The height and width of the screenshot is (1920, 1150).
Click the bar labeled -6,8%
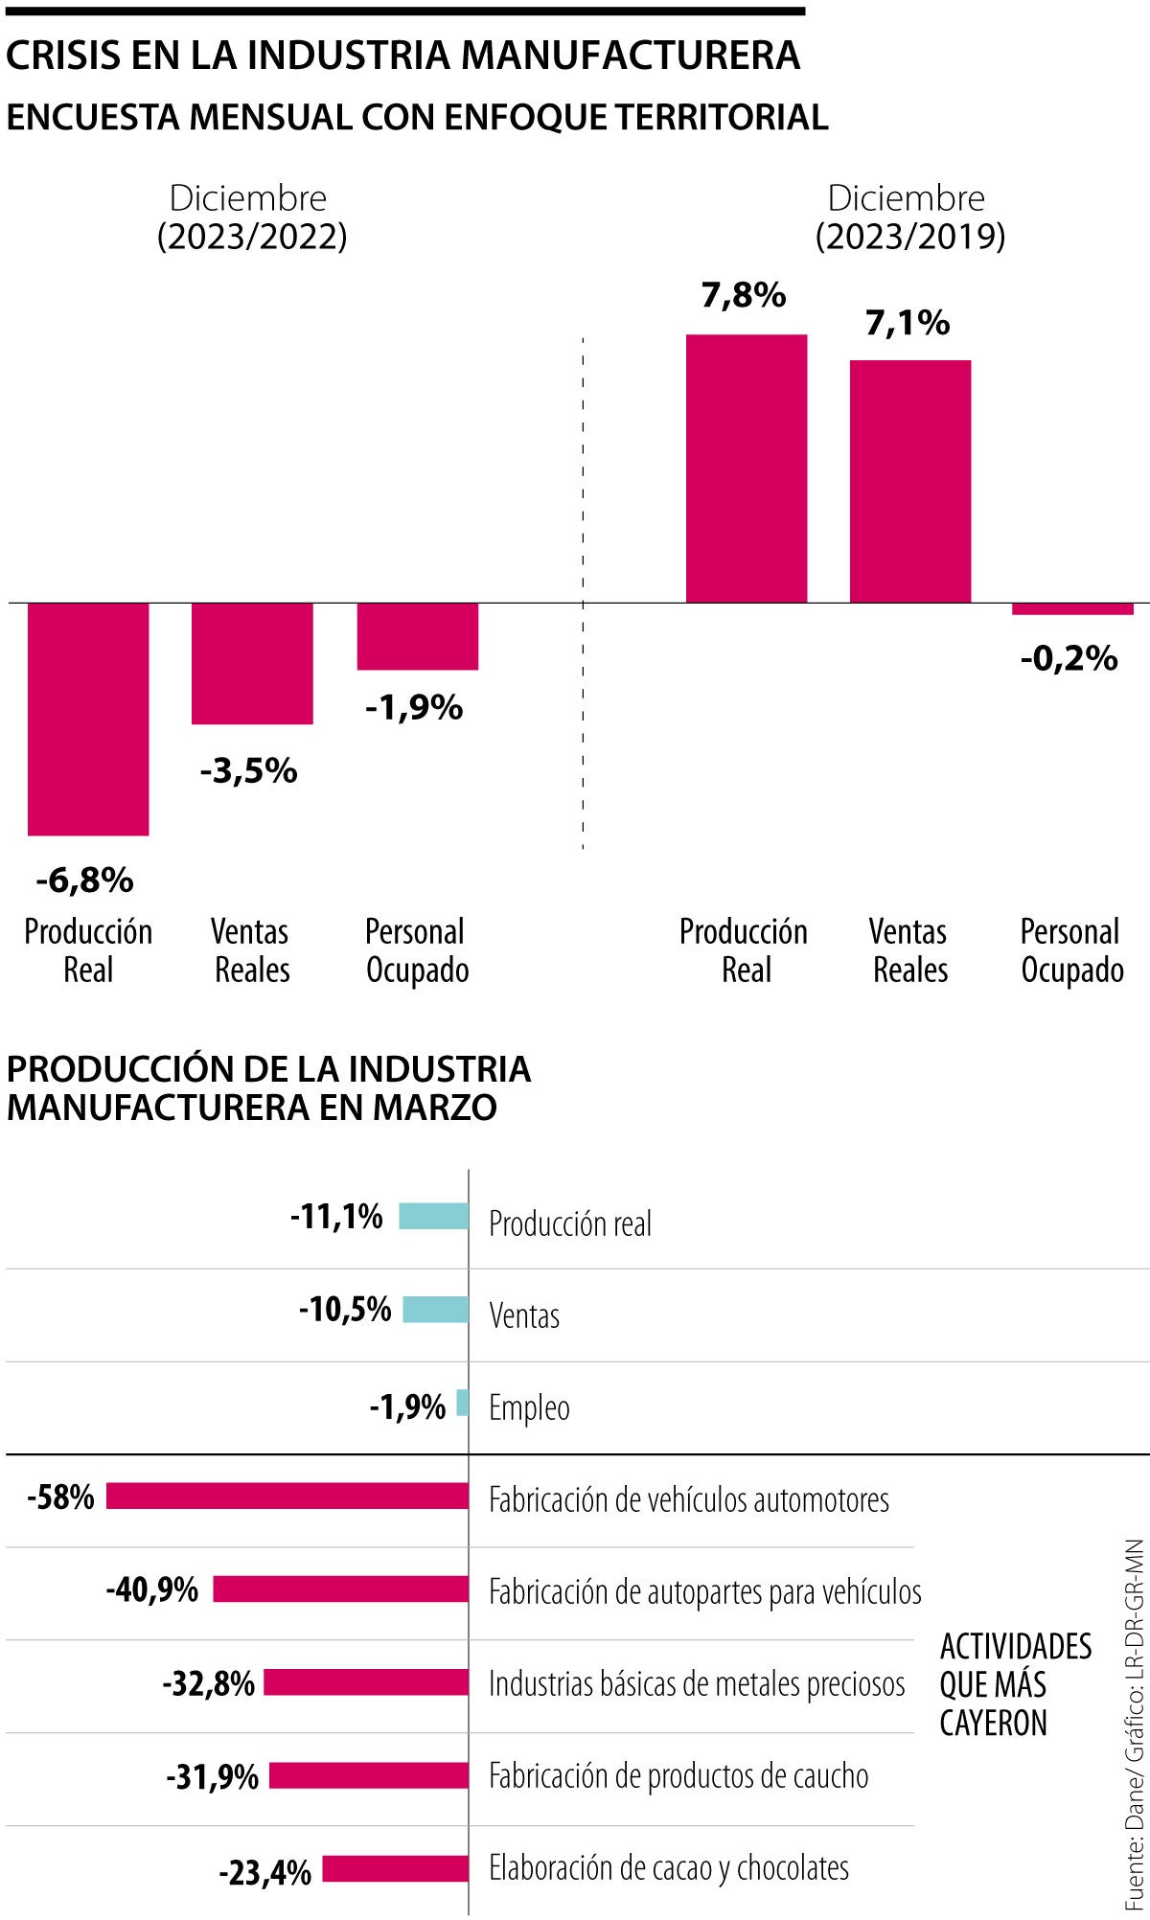pyautogui.click(x=88, y=719)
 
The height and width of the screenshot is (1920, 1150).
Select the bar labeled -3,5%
pyautogui.click(x=252, y=663)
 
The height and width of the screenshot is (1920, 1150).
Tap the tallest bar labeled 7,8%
pyautogui.click(x=746, y=469)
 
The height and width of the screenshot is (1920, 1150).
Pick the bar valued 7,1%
pyautogui.click(x=909, y=481)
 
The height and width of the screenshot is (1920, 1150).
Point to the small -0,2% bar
pyautogui.click(x=1072, y=608)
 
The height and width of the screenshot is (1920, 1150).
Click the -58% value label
pyautogui.click(x=61, y=1497)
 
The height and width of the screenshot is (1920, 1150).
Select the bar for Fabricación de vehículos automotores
pyautogui.click(x=287, y=1497)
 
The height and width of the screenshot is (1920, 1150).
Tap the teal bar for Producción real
pyautogui.click(x=433, y=1217)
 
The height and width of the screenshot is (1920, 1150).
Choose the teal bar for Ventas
pyautogui.click(x=435, y=1310)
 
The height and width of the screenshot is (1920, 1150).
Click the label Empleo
pyautogui.click(x=529, y=1407)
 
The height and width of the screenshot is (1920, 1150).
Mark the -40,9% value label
pyautogui.click(x=152, y=1589)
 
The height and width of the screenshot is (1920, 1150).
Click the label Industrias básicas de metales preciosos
pyautogui.click(x=697, y=1683)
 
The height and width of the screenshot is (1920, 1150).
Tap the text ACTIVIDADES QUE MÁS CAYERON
pyautogui.click(x=1014, y=1684)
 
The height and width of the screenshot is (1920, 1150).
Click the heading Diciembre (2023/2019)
pyautogui.click(x=908, y=217)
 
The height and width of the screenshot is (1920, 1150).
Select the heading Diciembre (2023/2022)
pyautogui.click(x=251, y=217)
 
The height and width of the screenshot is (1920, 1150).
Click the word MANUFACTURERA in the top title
pyautogui.click(x=630, y=56)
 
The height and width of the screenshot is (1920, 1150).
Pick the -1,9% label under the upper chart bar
pyautogui.click(x=414, y=708)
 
